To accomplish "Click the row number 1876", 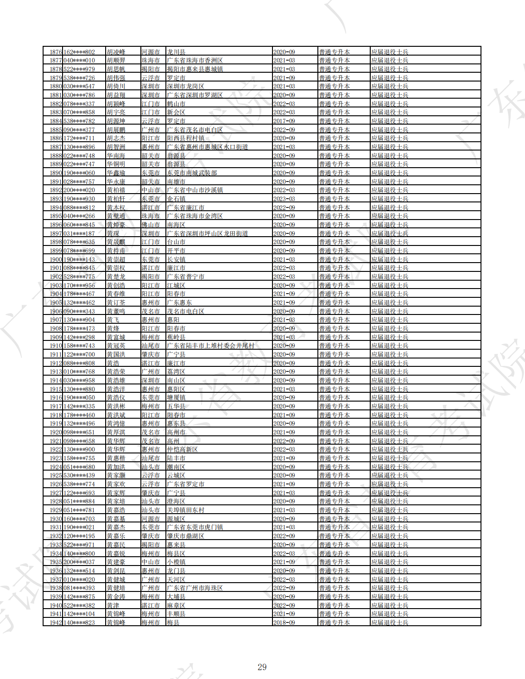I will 56,52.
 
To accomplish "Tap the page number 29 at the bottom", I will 262,667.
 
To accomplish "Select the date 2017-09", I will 284,121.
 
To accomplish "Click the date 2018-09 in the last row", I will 284,622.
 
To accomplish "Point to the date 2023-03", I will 284,199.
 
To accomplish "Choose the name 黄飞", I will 113,320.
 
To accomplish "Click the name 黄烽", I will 113,328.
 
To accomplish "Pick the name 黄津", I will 113,605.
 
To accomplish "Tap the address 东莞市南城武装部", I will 192,173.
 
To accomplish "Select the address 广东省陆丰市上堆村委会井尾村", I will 210,346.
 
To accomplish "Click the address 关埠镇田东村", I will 185,510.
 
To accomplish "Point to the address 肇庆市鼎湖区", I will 185,536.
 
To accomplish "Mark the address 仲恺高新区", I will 182,449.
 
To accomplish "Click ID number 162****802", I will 79,52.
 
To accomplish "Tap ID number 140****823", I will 79,622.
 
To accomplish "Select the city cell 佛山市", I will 151,225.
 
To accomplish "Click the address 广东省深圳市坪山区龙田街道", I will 207,233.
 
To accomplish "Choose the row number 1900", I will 56,259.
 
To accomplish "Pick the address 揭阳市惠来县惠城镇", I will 195,69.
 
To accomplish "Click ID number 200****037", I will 79,562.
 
